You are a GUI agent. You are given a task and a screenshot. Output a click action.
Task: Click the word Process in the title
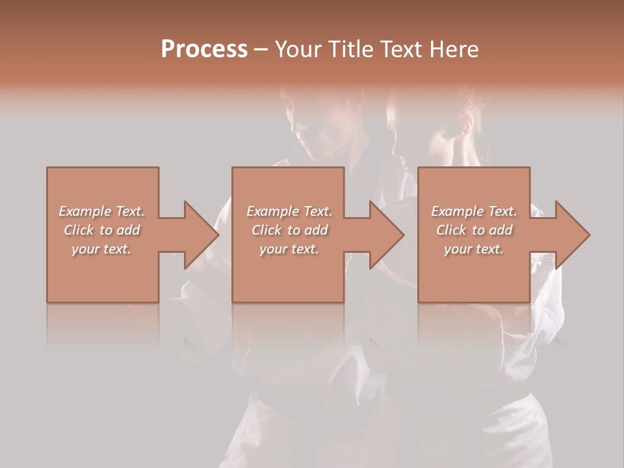pos(204,49)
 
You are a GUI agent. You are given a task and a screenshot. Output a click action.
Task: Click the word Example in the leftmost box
pos(84,211)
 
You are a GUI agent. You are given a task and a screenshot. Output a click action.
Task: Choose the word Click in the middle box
pos(266,230)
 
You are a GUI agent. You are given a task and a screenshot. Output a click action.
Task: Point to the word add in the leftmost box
pos(129,230)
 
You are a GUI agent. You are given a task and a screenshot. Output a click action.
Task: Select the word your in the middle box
pos(273,249)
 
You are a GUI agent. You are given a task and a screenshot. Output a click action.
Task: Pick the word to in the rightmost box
pos(478,230)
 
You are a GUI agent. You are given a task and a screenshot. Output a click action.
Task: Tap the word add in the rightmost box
pos(501,230)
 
